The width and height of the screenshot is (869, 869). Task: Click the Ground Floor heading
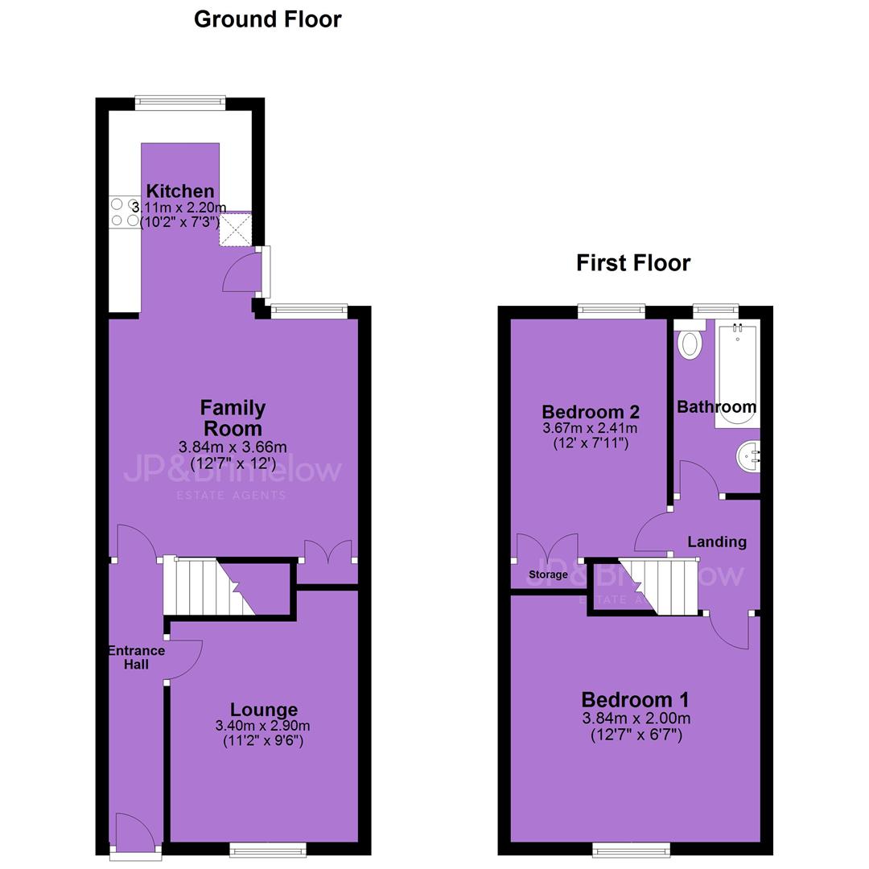tap(268, 20)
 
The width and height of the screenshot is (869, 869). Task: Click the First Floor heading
tap(633, 262)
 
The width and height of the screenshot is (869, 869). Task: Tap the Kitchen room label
tap(180, 192)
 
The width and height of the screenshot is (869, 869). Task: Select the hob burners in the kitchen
tap(125, 212)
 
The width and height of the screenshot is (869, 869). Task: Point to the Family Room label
tap(233, 418)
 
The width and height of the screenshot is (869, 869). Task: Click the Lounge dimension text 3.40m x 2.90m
tap(262, 726)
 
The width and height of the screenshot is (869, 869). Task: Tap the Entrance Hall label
tap(136, 657)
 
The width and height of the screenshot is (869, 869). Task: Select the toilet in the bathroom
tap(690, 340)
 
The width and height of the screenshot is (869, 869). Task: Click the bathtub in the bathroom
tap(737, 374)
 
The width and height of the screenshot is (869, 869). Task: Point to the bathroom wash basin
tap(748, 457)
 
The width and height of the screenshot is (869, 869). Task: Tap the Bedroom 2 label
tap(591, 412)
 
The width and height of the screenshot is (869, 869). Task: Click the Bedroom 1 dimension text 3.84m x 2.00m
tap(636, 719)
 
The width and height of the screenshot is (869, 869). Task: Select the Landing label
tap(717, 542)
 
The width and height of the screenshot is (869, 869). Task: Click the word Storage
tap(548, 575)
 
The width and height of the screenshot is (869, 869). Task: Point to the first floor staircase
tap(658, 587)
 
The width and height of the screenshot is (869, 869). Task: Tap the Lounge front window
tap(268, 849)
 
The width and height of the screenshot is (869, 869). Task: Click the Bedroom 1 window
tap(632, 849)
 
